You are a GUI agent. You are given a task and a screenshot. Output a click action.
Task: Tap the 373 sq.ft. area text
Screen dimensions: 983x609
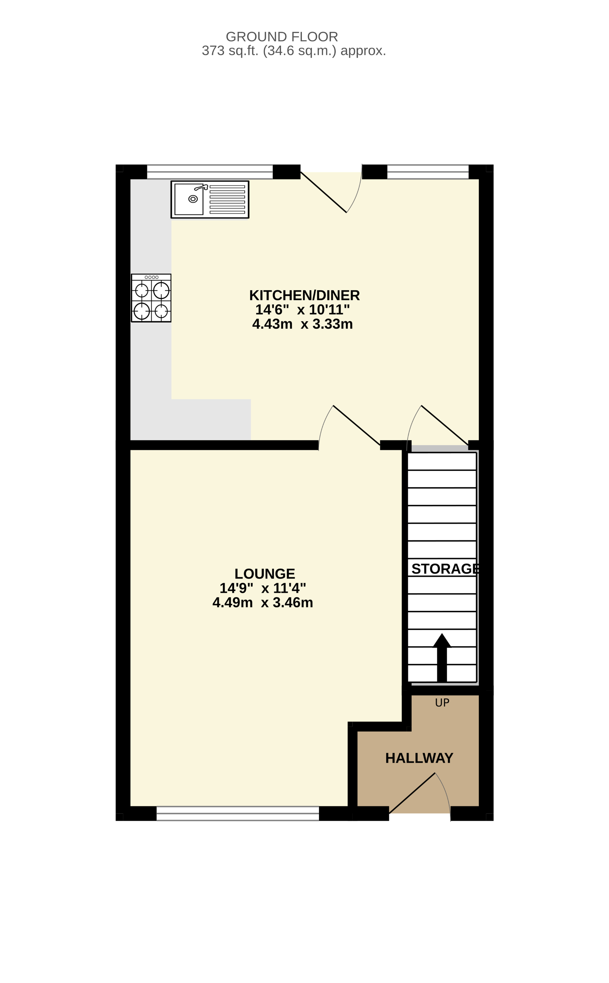click(293, 51)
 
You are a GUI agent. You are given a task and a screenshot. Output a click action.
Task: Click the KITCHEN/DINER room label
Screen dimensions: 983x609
click(304, 295)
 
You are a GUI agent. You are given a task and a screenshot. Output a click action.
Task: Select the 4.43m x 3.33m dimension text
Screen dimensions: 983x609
click(302, 324)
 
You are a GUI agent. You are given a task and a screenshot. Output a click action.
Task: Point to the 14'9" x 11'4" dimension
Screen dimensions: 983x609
click(263, 588)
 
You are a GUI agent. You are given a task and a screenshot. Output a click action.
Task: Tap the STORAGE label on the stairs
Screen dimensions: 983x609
click(445, 569)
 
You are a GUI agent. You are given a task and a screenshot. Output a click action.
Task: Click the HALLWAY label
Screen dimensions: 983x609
click(419, 758)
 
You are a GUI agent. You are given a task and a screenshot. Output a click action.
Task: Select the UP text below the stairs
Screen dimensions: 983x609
click(442, 703)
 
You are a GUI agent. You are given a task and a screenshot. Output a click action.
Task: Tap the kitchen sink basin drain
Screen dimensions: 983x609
click(193, 199)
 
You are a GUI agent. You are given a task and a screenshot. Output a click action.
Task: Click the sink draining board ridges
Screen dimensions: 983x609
click(227, 199)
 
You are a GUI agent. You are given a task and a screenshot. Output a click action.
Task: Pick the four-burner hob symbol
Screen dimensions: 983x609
click(151, 298)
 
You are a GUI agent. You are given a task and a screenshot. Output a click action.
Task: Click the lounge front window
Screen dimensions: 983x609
click(238, 813)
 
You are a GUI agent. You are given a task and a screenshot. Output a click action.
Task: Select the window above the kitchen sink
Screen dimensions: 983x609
click(210, 172)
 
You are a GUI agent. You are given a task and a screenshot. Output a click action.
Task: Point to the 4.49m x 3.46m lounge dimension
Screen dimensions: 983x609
click(263, 603)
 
